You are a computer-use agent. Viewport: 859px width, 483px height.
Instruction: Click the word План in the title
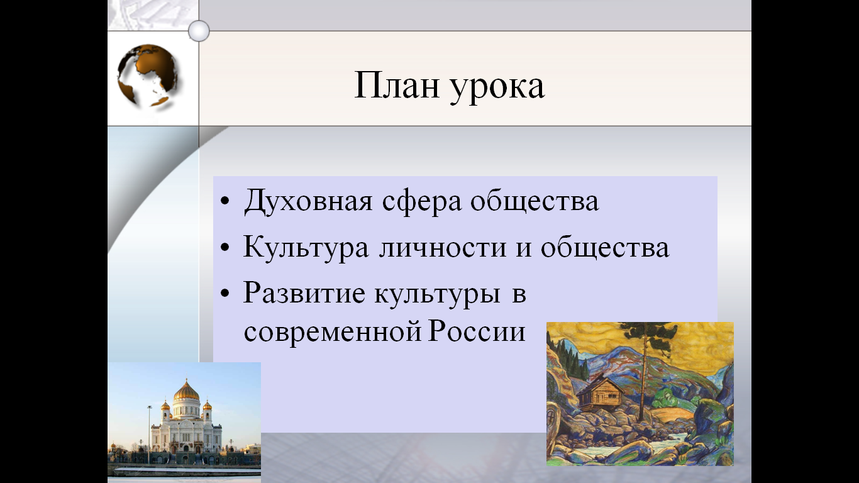click(396, 85)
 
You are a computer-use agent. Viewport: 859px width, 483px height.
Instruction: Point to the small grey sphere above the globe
click(199, 31)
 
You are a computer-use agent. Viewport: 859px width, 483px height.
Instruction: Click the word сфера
click(422, 202)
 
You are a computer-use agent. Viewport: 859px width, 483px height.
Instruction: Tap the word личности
click(443, 248)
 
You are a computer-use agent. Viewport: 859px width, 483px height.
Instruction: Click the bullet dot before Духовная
click(225, 201)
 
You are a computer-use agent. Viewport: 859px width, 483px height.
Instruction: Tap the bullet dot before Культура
click(225, 247)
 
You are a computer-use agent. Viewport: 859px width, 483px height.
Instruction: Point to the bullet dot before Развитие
click(225, 293)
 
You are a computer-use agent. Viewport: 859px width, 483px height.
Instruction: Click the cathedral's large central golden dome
click(186, 391)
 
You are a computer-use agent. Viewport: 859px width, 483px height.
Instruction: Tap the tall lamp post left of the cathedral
click(149, 435)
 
